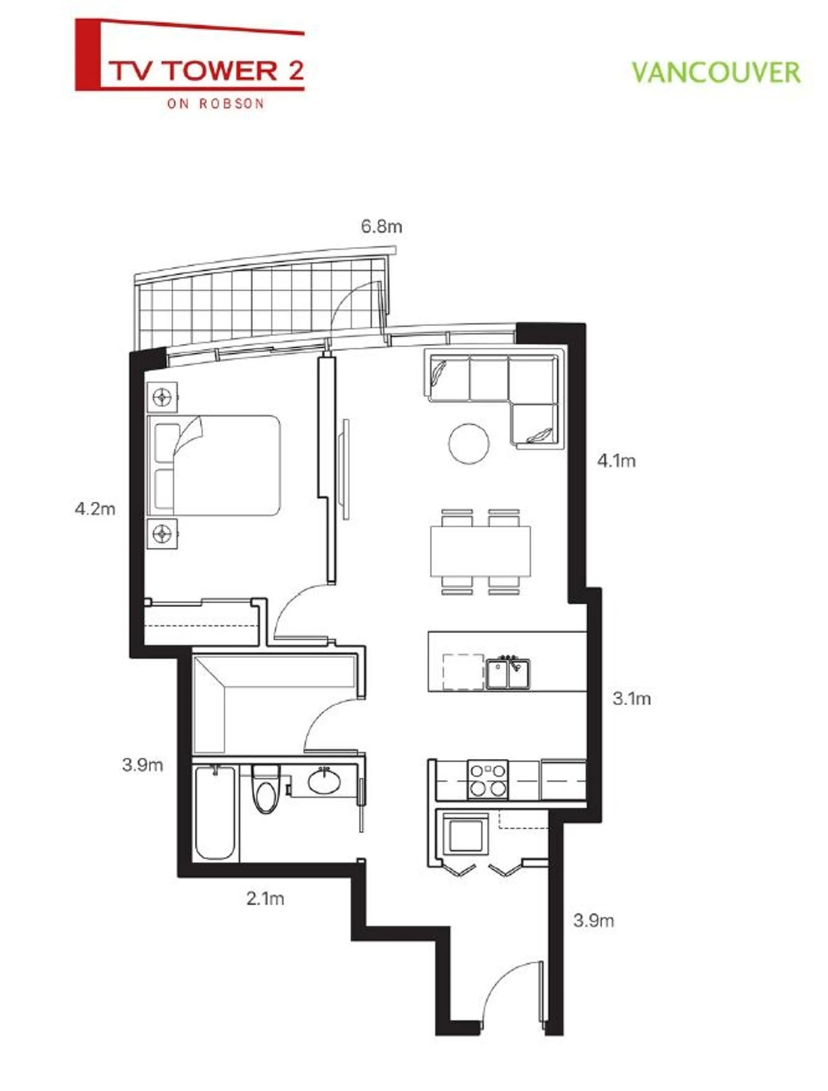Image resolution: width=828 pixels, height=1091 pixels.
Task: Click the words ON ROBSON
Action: click(x=216, y=104)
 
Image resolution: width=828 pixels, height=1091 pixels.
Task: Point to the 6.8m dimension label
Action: click(x=381, y=227)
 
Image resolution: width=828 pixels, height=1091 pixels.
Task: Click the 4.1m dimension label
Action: click(x=616, y=461)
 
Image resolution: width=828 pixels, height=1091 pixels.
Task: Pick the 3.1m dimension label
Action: click(x=632, y=699)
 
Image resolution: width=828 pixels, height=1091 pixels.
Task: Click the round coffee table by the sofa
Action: click(x=469, y=443)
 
